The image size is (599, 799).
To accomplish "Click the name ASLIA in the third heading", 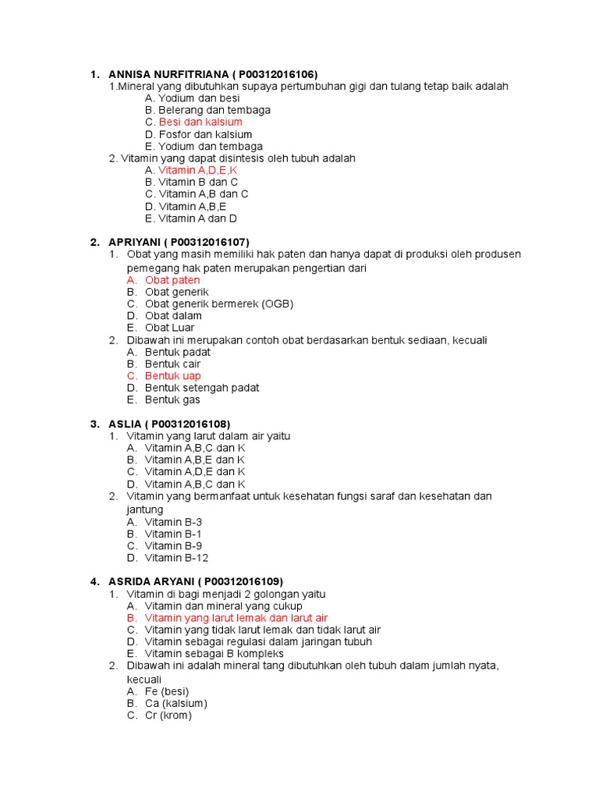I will tap(125, 424).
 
